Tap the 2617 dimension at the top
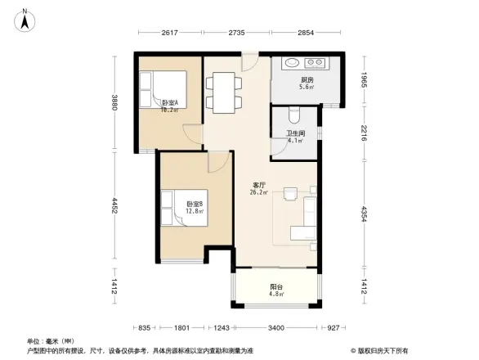coord(169,33)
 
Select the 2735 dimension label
coord(235,33)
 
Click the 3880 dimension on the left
coord(115,103)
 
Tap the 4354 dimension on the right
coord(365,214)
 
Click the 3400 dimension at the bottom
coord(276,327)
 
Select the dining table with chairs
coord(222,91)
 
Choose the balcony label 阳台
coord(277,287)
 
